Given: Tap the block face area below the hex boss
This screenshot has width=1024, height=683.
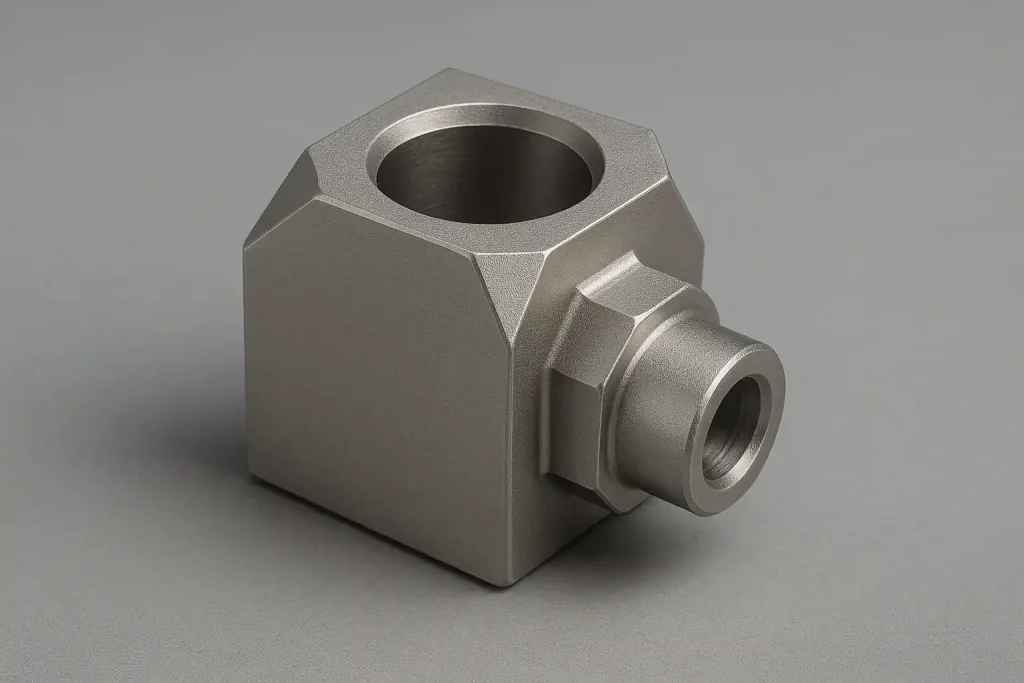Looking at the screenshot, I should [560, 530].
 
